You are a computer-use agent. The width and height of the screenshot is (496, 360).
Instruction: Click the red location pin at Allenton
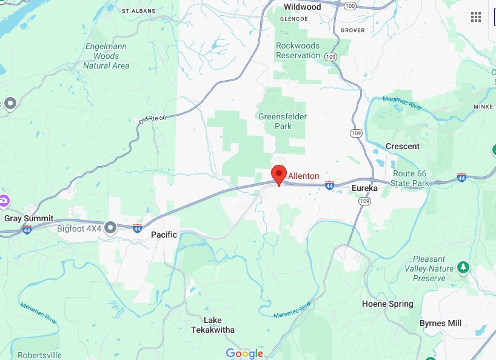(278, 174)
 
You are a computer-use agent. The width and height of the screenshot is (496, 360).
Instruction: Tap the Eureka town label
(364, 188)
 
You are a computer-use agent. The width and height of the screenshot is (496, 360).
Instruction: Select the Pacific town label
(164, 235)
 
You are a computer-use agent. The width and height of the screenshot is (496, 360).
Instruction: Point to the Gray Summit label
(29, 218)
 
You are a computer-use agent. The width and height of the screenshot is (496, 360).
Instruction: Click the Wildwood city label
(302, 7)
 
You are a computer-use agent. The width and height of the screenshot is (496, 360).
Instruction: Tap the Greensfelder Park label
(283, 121)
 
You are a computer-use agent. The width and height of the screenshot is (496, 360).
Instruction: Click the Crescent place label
(403, 146)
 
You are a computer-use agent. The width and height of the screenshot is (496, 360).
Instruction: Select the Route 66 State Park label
(410, 178)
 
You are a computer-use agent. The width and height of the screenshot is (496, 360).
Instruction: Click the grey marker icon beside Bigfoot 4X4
(110, 227)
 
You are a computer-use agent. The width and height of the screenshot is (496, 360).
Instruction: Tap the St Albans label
(139, 11)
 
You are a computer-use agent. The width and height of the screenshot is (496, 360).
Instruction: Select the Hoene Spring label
(387, 304)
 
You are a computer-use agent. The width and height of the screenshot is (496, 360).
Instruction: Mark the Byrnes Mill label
(441, 323)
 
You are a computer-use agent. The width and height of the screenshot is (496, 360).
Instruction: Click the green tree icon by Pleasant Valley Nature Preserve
(463, 267)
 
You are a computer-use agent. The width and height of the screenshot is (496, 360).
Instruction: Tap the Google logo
(244, 353)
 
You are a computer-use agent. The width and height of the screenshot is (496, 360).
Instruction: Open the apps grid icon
(476, 16)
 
